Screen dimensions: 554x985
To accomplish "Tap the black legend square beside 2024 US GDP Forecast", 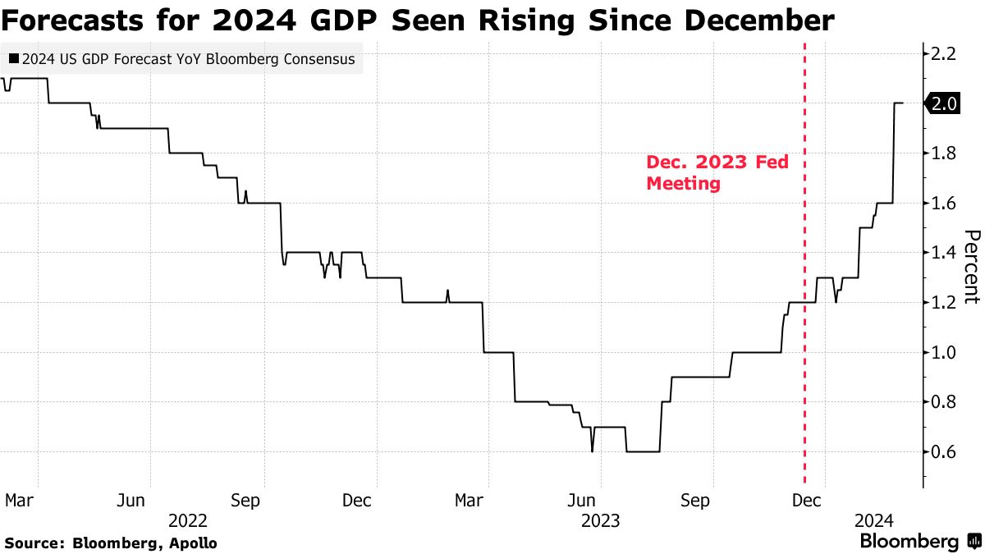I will point(14,60).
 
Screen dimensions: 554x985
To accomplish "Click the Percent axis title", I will point(970,267).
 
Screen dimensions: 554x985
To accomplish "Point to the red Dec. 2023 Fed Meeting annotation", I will point(717,173).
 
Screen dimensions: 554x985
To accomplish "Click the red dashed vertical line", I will point(804,328).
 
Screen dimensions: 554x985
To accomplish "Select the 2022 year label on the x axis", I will point(187,520).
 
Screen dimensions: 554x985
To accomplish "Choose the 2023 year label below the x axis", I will point(600,520).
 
